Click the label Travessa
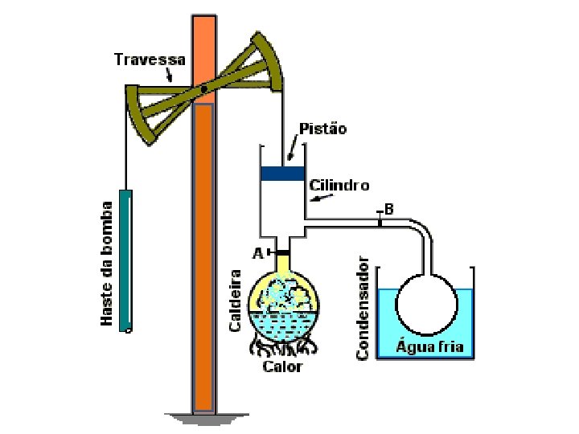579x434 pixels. (150, 59)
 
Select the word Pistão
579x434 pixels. (322, 129)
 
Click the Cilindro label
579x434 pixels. (339, 185)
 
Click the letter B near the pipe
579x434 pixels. (388, 209)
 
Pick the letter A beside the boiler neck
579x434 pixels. (258, 253)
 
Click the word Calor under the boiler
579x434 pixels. (283, 366)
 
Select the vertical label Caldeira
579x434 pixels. (236, 300)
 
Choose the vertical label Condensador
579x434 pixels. (363, 307)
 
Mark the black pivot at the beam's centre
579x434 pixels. (204, 88)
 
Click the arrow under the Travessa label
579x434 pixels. (169, 76)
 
